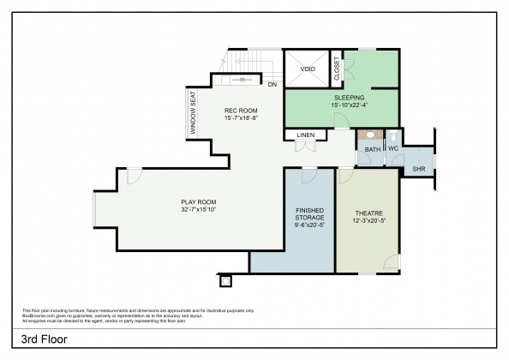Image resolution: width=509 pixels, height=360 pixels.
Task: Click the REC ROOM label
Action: (x=241, y=111)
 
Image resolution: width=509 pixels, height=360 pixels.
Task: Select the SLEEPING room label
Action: (x=350, y=98)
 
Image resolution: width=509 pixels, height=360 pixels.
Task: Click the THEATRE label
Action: (x=367, y=213)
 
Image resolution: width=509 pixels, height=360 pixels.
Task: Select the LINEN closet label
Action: (x=306, y=135)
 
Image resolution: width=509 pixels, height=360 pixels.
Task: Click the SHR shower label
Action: (x=418, y=169)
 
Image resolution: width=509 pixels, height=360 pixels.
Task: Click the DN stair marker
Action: (x=272, y=85)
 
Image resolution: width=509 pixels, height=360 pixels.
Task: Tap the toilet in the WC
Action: (x=393, y=135)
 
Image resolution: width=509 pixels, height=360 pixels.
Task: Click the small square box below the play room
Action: (x=225, y=280)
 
